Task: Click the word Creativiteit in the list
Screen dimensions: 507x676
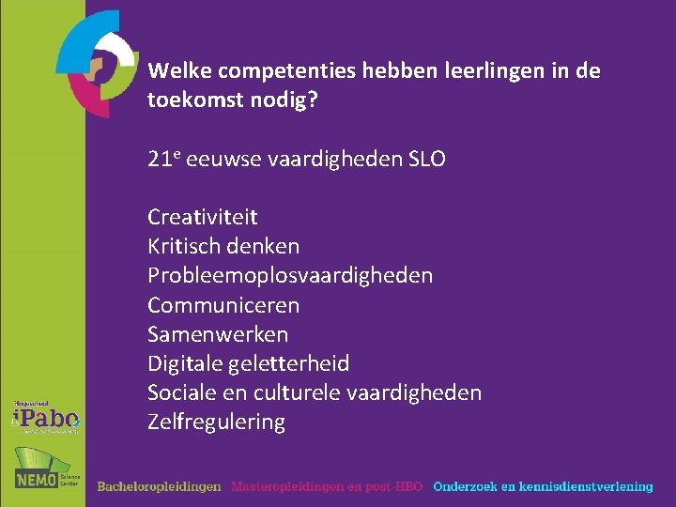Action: (202, 218)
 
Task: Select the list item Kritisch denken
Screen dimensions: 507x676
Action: (223, 247)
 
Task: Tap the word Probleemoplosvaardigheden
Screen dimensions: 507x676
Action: (290, 276)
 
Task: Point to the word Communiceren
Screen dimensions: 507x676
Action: (223, 305)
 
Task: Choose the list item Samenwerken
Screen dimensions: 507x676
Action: (218, 334)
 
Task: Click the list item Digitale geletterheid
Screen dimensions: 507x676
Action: (248, 363)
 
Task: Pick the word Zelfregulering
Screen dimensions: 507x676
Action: (216, 422)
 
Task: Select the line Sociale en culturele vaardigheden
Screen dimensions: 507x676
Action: (314, 392)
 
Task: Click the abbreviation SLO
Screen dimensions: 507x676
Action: (428, 160)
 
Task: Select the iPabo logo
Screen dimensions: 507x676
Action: (46, 416)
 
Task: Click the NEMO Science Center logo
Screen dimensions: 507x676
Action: (46, 469)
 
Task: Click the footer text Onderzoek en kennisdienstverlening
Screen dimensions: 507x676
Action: (543, 486)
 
